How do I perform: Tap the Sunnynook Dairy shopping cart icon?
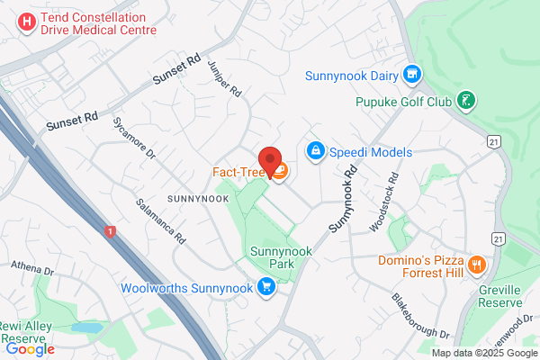coord(413,75)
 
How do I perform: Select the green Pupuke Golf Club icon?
coord(465,100)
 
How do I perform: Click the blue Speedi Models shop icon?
coord(315,151)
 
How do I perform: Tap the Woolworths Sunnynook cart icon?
coord(265,288)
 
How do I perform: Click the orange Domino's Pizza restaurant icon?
coord(477,265)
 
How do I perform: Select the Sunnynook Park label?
coord(280,258)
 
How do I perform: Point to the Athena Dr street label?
coord(32,268)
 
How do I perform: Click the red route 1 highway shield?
coord(110,230)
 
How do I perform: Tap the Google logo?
coord(30,349)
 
